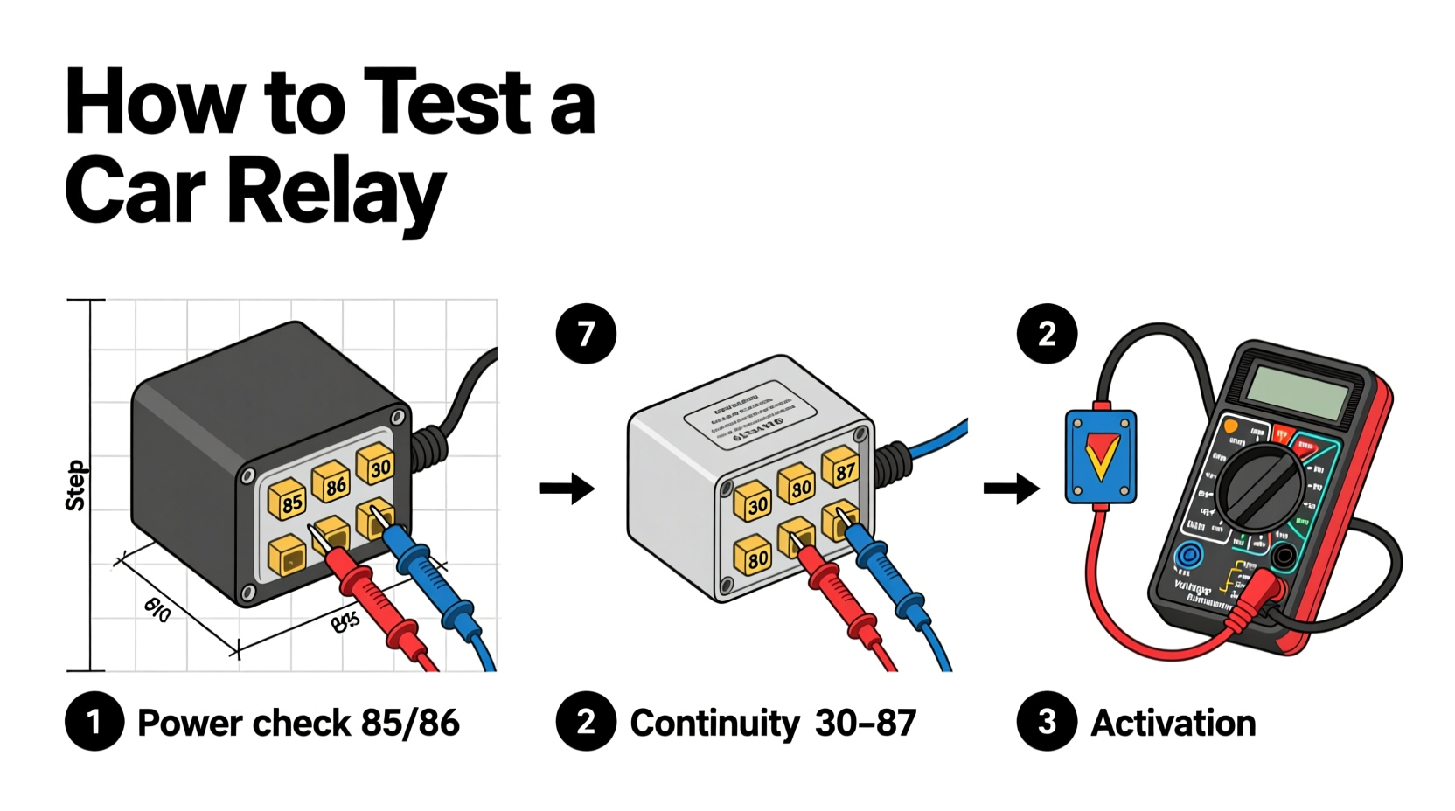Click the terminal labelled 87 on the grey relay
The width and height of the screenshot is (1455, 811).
[x=841, y=469]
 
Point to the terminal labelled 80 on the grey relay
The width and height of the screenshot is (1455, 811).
[x=754, y=556]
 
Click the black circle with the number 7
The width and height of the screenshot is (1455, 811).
[x=586, y=334]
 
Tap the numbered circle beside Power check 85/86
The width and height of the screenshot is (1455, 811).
[x=94, y=722]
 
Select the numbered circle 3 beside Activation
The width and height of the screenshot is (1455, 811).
[x=1046, y=722]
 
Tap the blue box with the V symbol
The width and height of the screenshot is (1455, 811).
[x=1101, y=456]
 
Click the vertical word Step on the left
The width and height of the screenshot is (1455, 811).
[x=76, y=486]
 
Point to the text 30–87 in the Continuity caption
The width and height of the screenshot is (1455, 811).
[x=865, y=724]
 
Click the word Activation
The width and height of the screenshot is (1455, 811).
[x=1173, y=724]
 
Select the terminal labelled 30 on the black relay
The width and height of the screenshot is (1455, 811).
[x=377, y=465]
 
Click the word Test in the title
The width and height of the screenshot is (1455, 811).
[x=448, y=102]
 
